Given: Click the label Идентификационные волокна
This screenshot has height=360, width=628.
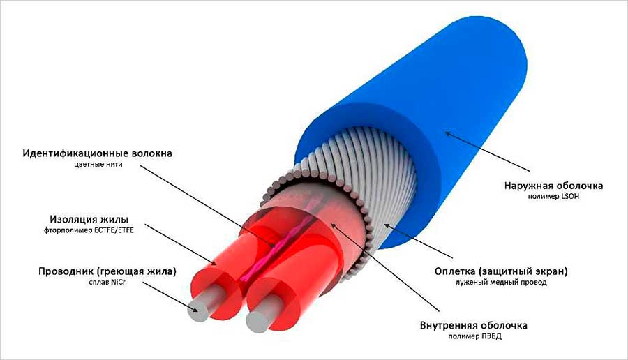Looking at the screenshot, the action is [x=97, y=153].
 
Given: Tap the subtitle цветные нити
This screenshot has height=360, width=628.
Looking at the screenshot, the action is [x=98, y=164].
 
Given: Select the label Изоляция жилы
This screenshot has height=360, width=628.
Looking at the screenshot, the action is [x=89, y=220].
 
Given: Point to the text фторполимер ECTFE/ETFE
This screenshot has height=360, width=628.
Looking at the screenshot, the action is [x=89, y=230].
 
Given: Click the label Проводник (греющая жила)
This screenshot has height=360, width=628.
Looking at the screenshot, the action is [x=107, y=271].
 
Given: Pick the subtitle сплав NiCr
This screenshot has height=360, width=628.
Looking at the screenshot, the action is [x=107, y=283].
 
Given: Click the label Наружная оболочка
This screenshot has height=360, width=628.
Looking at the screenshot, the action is [x=553, y=186].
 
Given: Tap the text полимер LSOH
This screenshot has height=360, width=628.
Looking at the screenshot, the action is [x=553, y=197].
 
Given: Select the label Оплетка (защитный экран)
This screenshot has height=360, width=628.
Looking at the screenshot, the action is [x=501, y=271].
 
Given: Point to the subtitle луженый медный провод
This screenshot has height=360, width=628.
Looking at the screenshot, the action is [x=501, y=283].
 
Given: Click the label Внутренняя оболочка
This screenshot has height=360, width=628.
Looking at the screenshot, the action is [x=473, y=324].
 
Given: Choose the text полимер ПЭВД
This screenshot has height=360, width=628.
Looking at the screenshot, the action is [x=474, y=336].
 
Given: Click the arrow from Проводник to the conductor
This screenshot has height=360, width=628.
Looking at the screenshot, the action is [x=170, y=297].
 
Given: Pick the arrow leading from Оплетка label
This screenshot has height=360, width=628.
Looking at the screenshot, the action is [x=418, y=241].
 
